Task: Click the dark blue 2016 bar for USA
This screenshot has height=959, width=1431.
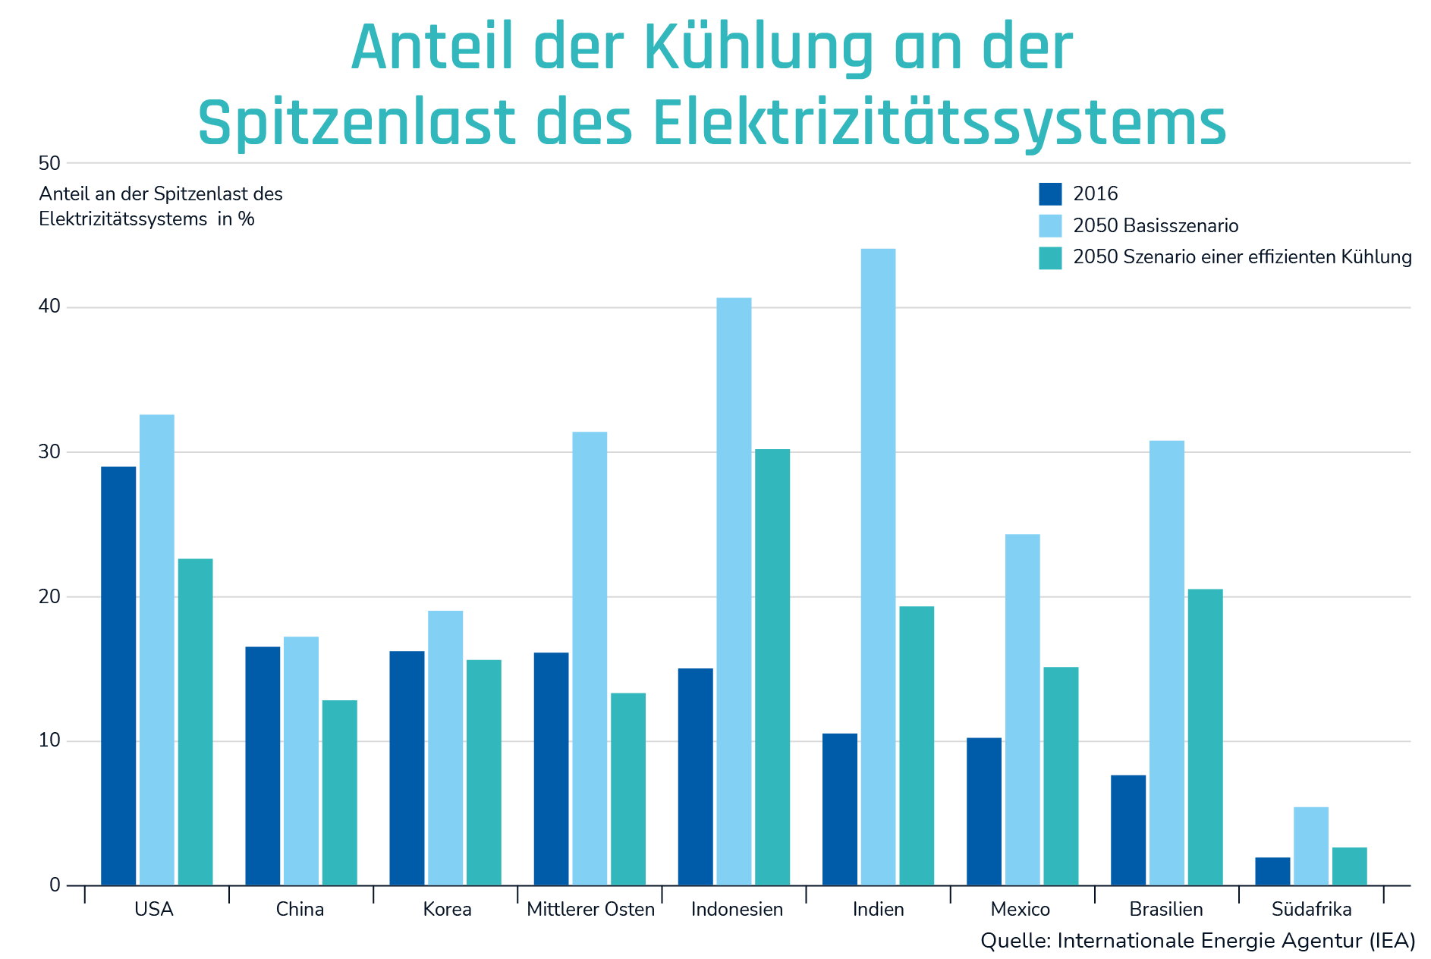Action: (118, 675)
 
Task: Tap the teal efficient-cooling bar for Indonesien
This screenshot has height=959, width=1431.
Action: (772, 667)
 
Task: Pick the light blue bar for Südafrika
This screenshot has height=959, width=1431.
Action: (1310, 846)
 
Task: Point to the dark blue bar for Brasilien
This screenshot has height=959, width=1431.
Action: (1128, 830)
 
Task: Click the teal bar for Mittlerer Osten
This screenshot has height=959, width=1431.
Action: (628, 789)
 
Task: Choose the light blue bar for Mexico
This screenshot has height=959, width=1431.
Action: (1022, 709)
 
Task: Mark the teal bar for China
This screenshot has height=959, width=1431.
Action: (339, 792)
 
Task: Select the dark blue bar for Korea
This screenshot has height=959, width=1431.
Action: (407, 768)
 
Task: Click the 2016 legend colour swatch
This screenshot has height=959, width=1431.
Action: (1050, 194)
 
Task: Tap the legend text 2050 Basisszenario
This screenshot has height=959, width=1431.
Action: (1156, 226)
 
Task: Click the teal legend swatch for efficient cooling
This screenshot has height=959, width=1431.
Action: (1050, 258)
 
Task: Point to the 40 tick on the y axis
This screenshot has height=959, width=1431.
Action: (49, 307)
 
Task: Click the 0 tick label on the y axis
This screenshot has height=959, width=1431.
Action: (55, 885)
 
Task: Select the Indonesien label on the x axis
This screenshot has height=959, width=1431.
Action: (737, 909)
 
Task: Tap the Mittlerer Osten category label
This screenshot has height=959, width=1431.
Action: (590, 909)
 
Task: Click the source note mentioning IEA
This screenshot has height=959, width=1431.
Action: (1197, 941)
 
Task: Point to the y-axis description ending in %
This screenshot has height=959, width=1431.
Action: (161, 206)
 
